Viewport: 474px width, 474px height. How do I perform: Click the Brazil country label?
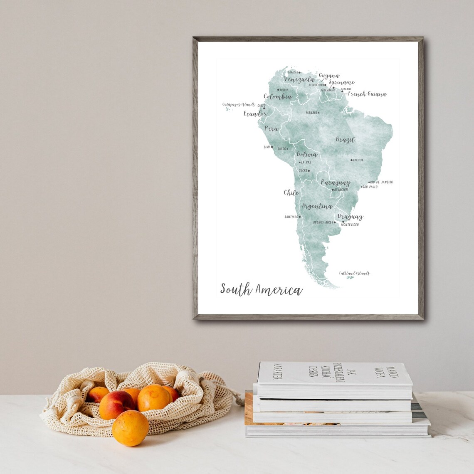pyautogui.click(x=345, y=140)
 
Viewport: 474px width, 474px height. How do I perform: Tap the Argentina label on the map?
pyautogui.click(x=317, y=206)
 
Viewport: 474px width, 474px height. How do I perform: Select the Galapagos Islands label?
pyautogui.click(x=238, y=105)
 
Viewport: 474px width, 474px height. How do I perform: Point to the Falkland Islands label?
pyautogui.click(x=354, y=273)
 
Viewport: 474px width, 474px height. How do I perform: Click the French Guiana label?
pyautogui.click(x=367, y=94)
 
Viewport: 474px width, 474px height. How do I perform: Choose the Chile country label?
pyautogui.click(x=291, y=193)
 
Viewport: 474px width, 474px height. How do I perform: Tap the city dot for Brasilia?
pyautogui.click(x=351, y=160)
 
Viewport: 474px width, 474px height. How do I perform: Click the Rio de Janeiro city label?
pyautogui.click(x=381, y=182)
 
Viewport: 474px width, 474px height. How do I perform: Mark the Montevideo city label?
pyautogui.click(x=350, y=225)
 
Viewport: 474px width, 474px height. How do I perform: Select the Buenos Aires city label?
pyautogui.click(x=323, y=222)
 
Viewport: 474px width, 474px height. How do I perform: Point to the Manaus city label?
pyautogui.click(x=311, y=113)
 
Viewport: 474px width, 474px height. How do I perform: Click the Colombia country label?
pyautogui.click(x=278, y=97)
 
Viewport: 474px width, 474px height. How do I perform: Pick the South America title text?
pyautogui.click(x=261, y=289)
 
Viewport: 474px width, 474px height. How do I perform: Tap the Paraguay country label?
pyautogui.click(x=335, y=183)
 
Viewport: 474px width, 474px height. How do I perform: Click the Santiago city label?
pyautogui.click(x=291, y=217)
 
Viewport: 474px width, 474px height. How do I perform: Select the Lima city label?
pyautogui.click(x=267, y=147)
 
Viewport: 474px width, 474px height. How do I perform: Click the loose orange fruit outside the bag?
pyautogui.click(x=130, y=428)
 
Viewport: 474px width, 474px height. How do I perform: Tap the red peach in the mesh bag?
pyautogui.click(x=117, y=405)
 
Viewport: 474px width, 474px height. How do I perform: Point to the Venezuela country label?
pyautogui.click(x=299, y=79)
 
